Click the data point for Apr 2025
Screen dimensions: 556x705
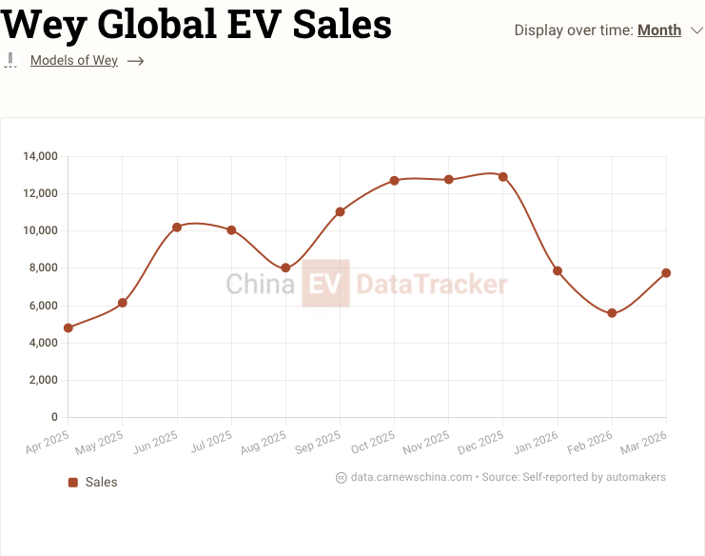69,328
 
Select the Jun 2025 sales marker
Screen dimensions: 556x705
177,228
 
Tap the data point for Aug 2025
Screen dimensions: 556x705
285,268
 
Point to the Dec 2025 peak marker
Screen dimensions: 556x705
503,177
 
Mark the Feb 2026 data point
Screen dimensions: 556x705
612,313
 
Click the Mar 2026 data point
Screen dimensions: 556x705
666,273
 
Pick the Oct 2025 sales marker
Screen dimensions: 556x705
394,180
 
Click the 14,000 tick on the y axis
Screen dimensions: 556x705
41,156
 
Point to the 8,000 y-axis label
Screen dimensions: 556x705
44,268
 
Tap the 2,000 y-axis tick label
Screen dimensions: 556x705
44,380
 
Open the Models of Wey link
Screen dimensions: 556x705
74,61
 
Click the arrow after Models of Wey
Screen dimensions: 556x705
135,61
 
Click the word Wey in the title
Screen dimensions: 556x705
45,24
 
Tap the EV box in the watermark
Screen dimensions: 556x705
325,283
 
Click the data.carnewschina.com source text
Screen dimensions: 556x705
411,477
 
